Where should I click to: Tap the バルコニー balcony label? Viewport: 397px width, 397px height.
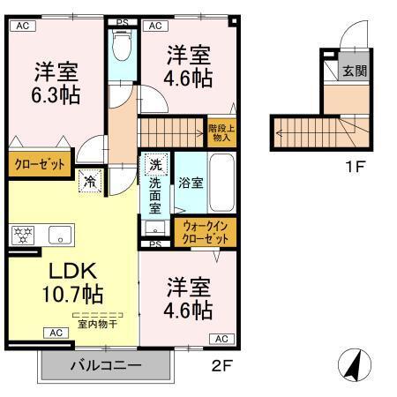106,365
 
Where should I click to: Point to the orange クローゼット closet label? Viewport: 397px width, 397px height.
40,164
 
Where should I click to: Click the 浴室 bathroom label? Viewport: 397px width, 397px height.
191,183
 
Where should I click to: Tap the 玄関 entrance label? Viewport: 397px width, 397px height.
355,71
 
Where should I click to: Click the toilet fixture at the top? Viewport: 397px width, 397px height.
123,44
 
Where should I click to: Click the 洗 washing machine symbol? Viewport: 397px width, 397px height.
154,164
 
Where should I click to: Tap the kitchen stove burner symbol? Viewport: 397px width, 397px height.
23,235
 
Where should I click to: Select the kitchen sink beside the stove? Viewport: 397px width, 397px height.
61,234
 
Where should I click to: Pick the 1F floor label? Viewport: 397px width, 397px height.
353,164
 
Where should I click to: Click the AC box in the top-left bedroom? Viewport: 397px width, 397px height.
24,26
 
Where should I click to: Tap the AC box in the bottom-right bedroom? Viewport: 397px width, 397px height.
221,338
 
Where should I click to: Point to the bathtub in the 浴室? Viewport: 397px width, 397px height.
221,181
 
